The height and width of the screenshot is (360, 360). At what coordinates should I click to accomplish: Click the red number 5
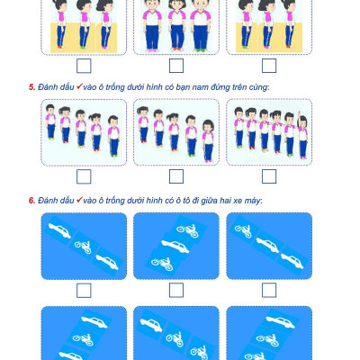tap(31, 87)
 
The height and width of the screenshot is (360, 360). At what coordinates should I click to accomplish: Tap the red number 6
tap(31, 201)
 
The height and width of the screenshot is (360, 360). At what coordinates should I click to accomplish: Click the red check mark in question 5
tap(79, 86)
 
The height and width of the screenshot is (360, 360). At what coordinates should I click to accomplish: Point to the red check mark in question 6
tap(79, 200)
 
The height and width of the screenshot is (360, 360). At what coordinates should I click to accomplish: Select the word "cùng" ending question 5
tap(258, 87)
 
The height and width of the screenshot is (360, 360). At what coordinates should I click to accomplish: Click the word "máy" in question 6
tap(252, 201)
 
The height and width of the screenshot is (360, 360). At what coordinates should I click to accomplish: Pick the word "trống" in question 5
tap(115, 87)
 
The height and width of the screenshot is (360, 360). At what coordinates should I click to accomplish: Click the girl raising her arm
tap(302, 135)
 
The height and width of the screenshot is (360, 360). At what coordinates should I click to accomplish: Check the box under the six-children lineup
tap(269, 176)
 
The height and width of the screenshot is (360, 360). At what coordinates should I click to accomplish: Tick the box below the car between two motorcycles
tap(176, 291)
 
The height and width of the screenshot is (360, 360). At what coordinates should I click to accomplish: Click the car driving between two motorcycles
tap(175, 247)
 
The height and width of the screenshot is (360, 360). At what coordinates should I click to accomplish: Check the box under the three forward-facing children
tap(176, 66)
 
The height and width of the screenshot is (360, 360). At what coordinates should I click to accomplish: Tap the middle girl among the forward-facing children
tap(177, 25)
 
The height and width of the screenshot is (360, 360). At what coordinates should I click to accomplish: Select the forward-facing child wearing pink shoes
tap(152, 25)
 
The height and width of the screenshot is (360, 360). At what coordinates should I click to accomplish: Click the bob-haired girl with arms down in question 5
tap(208, 141)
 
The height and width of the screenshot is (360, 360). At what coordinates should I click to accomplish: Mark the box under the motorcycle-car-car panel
tap(269, 291)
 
